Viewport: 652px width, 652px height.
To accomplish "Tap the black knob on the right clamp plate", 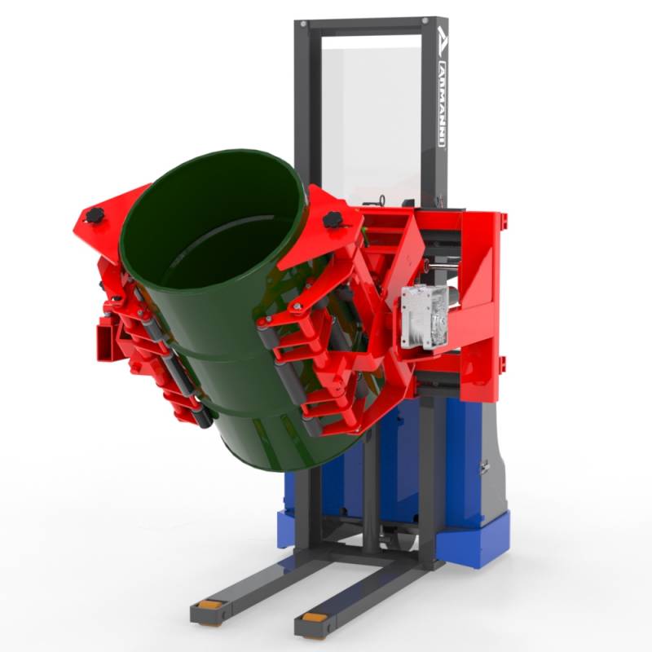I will pos(333,219).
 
